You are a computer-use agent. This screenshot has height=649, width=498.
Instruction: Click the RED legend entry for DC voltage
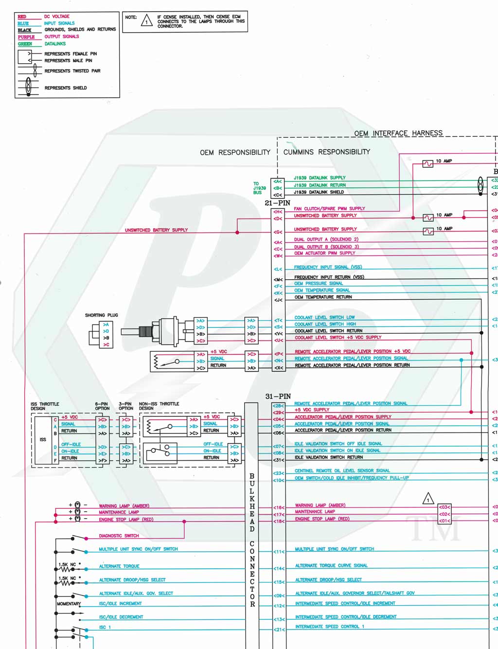point(22,17)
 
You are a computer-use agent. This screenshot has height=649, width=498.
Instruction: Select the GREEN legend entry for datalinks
point(25,44)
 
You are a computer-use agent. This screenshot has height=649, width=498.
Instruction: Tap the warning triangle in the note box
point(146,21)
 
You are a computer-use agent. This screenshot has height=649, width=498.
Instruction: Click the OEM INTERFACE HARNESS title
point(398,133)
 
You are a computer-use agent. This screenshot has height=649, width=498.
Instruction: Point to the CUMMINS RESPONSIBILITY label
point(326,152)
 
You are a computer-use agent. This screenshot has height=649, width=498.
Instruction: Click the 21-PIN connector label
point(277,203)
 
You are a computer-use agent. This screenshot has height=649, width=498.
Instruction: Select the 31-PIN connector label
point(278,397)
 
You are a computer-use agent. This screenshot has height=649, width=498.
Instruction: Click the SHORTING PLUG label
point(101,315)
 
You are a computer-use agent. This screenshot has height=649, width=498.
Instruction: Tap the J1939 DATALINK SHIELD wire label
point(319,192)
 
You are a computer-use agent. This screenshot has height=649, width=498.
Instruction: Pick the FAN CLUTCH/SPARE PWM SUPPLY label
point(329,209)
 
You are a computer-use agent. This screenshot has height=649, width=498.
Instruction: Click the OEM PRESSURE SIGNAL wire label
point(319,284)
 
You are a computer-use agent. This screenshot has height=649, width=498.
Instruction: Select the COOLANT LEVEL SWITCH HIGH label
point(325,324)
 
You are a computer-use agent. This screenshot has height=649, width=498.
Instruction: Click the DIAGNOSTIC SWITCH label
point(119,536)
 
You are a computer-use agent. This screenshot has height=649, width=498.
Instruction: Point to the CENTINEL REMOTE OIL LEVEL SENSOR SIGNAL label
point(342,471)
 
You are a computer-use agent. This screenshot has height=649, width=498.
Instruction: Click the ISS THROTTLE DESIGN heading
point(45,406)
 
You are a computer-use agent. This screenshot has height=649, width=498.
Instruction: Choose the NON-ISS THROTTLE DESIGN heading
point(159,406)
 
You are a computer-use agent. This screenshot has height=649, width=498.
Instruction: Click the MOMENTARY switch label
point(69,604)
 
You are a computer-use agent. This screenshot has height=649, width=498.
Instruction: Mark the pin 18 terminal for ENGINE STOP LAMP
point(278,521)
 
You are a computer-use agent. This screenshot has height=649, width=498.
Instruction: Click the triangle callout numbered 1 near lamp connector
point(427,499)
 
